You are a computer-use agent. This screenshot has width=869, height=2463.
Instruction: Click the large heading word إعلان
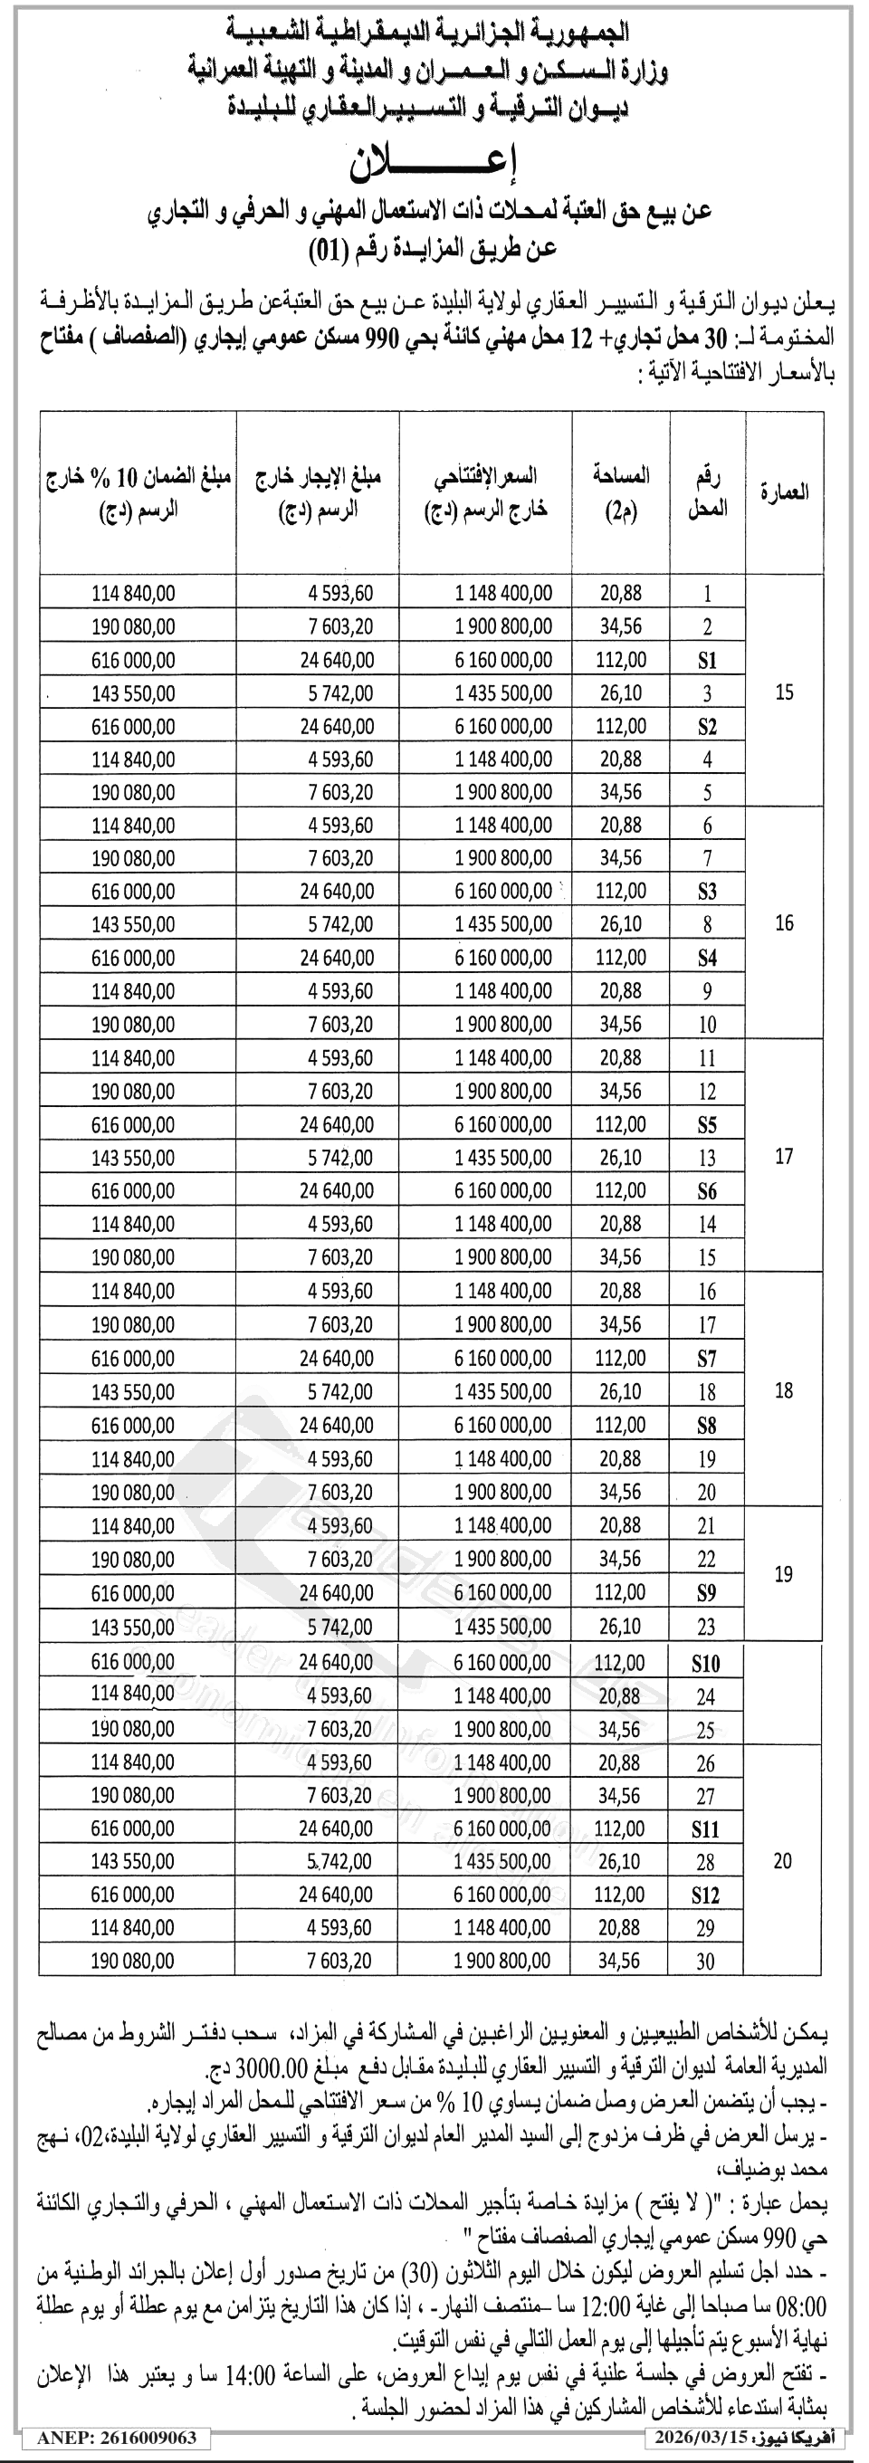click(435, 165)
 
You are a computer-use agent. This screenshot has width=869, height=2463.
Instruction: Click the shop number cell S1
click(706, 660)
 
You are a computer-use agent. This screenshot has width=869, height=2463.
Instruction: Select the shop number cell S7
click(706, 1358)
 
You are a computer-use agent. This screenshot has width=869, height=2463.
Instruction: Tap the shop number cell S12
click(705, 1895)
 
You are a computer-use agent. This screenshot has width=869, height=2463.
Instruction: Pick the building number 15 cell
click(784, 692)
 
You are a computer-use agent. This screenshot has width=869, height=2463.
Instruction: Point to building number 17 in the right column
click(784, 1157)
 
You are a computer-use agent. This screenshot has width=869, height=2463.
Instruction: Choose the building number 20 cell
click(783, 1861)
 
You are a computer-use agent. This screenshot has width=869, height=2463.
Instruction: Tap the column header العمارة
click(784, 492)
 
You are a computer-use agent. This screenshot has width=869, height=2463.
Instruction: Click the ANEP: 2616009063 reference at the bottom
click(117, 2437)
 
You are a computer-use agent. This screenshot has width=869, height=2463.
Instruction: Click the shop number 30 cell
click(705, 1961)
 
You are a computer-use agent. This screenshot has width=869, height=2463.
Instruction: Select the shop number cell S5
click(706, 1124)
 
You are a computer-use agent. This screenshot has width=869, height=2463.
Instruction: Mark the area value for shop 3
click(621, 693)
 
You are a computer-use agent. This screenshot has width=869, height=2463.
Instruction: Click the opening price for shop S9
click(503, 1593)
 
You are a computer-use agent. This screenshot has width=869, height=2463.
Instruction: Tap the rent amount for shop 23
click(340, 1627)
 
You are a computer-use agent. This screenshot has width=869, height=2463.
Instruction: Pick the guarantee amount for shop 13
click(133, 1158)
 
